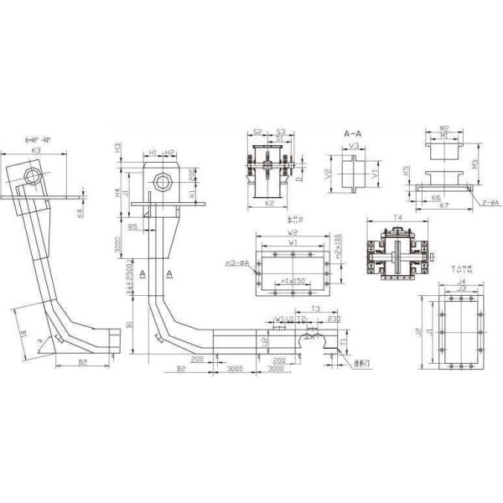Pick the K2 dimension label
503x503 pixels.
(269, 203)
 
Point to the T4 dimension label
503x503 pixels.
(399, 217)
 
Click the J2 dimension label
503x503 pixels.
(417, 331)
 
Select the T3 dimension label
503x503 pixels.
(314, 309)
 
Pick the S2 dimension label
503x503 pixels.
(257, 132)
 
